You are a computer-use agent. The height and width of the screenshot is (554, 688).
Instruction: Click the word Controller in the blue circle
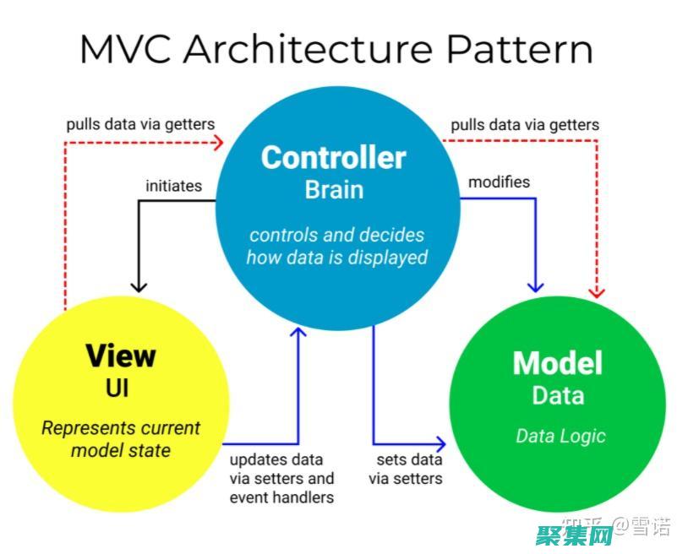click(333, 158)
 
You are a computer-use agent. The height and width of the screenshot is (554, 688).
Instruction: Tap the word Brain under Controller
click(333, 189)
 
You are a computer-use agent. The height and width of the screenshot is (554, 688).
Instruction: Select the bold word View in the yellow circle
click(120, 356)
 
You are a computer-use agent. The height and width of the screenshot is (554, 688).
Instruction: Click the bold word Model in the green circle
click(558, 363)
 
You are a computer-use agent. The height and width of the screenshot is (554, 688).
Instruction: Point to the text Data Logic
click(560, 436)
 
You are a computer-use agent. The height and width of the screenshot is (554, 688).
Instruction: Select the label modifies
click(499, 182)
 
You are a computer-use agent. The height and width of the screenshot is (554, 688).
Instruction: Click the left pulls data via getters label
click(140, 124)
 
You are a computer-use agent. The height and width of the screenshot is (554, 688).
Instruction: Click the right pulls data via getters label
click(525, 124)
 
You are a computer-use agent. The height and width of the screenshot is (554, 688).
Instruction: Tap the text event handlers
click(281, 497)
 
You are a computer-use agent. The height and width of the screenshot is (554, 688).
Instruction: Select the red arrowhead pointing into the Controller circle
click(221, 142)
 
